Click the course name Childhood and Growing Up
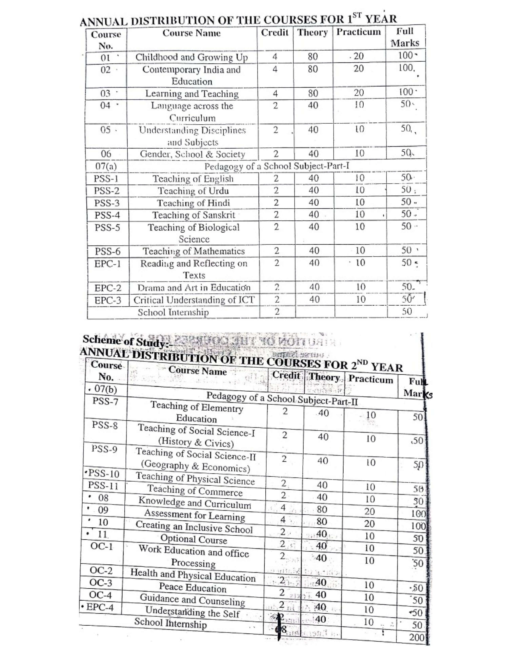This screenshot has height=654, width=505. click(x=192, y=57)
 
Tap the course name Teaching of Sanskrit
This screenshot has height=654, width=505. click(x=193, y=215)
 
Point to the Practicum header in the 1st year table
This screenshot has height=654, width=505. click(x=358, y=32)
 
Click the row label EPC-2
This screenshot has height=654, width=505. click(x=108, y=288)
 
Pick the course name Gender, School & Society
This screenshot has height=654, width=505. click(x=192, y=154)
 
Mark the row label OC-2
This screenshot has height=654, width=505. click(x=101, y=571)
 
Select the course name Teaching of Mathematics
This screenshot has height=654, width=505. click(x=193, y=251)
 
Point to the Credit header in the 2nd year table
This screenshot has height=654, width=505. click(x=286, y=375)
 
